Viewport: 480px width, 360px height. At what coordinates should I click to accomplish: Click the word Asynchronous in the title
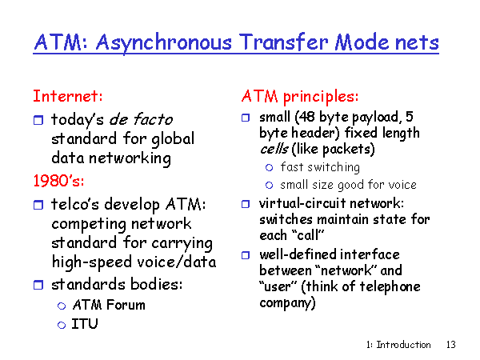click(x=164, y=43)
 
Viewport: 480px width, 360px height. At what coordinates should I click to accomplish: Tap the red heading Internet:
click(x=68, y=96)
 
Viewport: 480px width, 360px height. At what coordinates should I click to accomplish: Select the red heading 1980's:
click(x=58, y=181)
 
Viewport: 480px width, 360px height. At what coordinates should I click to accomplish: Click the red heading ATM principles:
click(x=300, y=97)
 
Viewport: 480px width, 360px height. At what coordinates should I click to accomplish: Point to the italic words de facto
click(x=141, y=119)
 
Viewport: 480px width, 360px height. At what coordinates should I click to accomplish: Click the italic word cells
click(x=274, y=149)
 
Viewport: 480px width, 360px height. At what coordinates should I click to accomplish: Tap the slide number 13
click(x=450, y=345)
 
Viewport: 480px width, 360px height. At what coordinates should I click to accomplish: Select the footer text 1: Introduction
click(x=398, y=345)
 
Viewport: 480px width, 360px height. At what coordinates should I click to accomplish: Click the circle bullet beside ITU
click(x=62, y=325)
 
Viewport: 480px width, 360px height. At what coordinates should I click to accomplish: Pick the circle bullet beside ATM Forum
click(x=62, y=306)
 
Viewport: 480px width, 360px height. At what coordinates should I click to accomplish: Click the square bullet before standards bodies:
click(x=38, y=285)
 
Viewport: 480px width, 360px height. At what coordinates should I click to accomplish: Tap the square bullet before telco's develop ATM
click(x=38, y=205)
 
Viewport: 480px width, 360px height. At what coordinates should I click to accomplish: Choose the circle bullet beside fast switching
click(x=269, y=167)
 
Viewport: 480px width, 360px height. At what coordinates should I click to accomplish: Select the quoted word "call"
click(x=307, y=235)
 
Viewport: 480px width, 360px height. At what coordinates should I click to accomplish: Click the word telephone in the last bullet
click(x=390, y=287)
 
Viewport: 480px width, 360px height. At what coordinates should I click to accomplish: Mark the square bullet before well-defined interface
click(x=246, y=255)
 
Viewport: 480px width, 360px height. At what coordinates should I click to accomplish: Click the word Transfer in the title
click(x=283, y=42)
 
